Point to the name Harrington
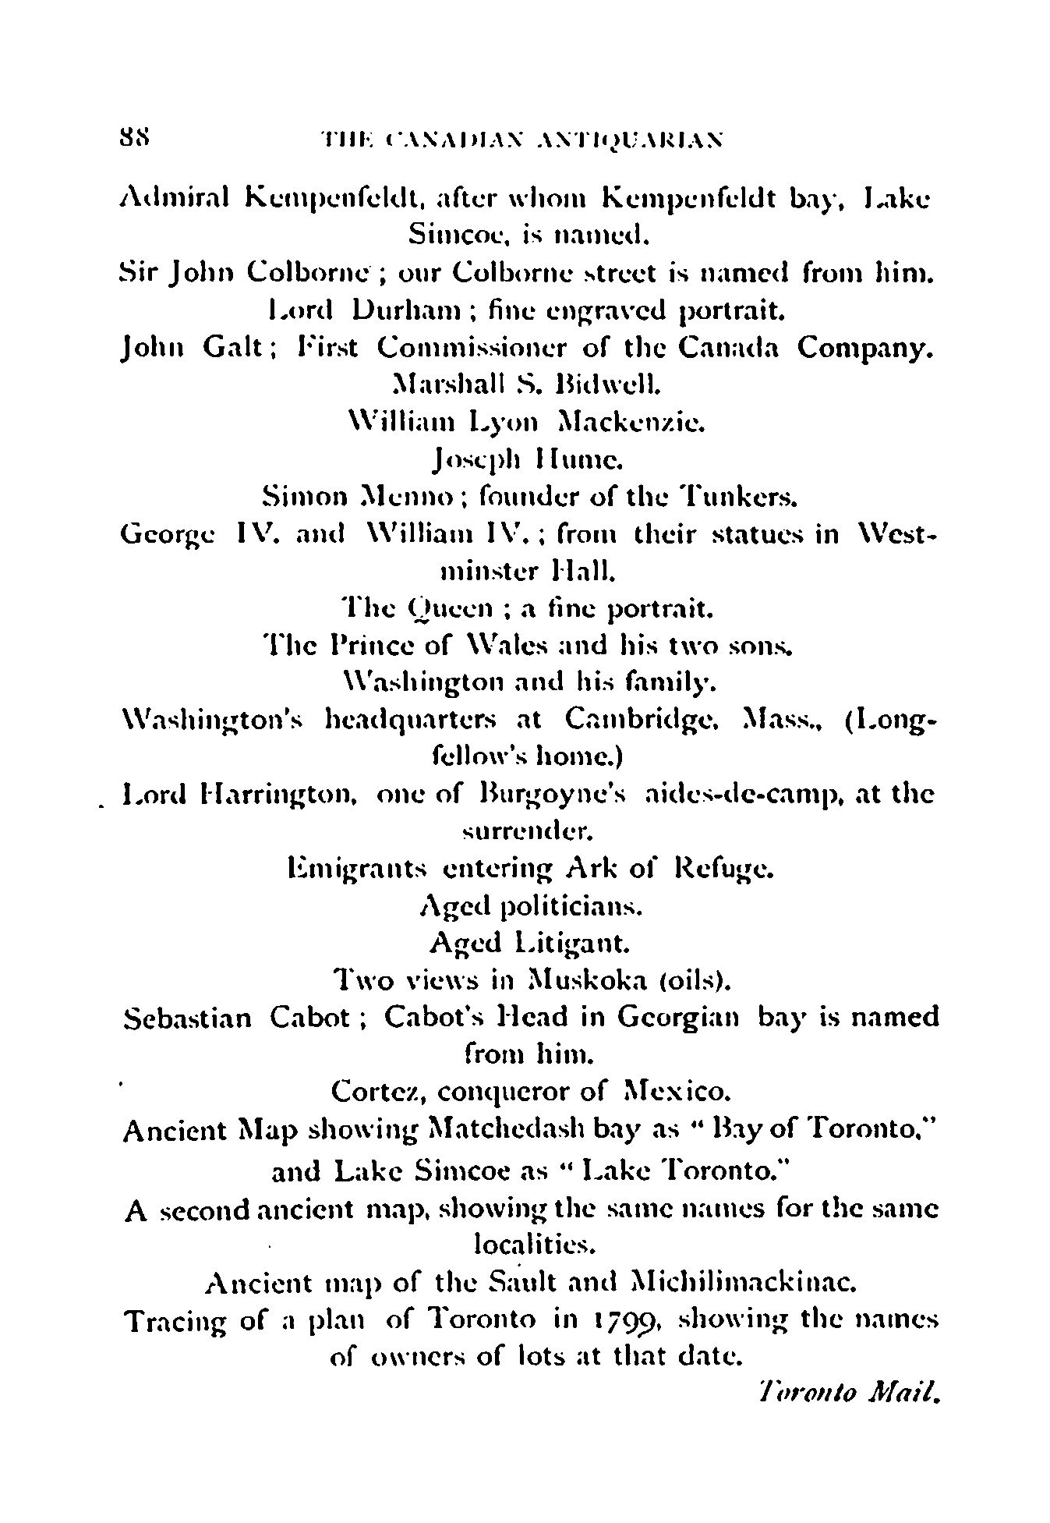coord(276,795)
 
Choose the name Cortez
coord(377,1092)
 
